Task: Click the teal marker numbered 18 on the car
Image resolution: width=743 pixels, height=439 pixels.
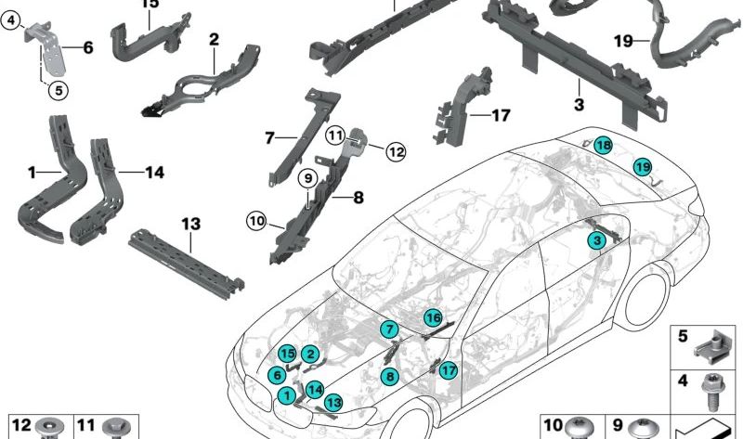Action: (x=604, y=145)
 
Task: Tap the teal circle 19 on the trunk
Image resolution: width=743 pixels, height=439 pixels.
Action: (x=642, y=167)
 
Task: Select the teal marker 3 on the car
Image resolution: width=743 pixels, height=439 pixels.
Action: (x=597, y=241)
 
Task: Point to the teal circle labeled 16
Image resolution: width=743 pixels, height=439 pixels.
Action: (x=433, y=318)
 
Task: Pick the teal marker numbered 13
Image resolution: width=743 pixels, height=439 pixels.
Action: (x=332, y=401)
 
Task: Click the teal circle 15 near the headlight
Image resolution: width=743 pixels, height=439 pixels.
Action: (x=287, y=354)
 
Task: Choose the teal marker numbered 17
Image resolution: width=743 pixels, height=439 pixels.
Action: (x=449, y=370)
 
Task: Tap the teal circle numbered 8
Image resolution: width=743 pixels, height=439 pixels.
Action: (x=390, y=376)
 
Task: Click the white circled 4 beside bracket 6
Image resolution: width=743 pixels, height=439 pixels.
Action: (x=11, y=19)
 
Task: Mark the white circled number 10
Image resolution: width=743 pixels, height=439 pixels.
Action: (x=256, y=221)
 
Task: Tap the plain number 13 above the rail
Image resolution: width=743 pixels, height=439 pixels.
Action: (x=190, y=224)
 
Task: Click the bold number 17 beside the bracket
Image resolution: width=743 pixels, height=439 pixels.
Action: (x=501, y=116)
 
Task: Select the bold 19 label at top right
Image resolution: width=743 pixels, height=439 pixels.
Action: (x=623, y=40)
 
